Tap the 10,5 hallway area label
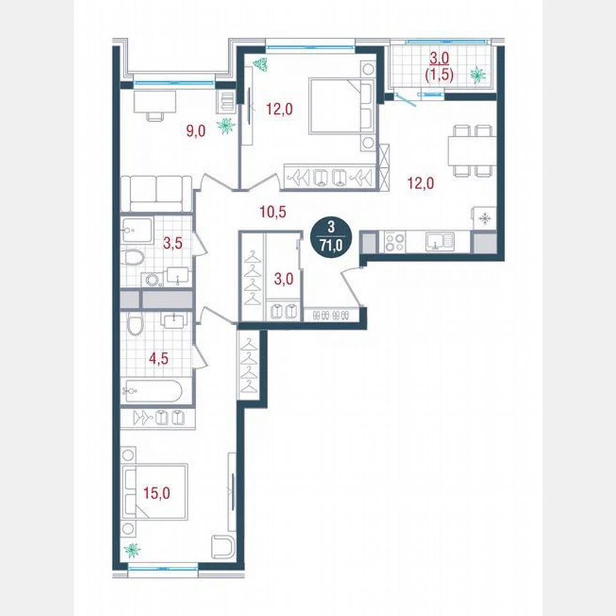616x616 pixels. coord(271,210)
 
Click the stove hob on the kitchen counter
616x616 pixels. coord(394,242)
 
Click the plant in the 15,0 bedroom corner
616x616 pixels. coord(131,550)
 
